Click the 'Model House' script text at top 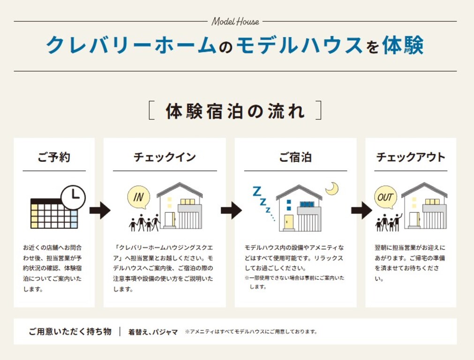[x=235, y=22]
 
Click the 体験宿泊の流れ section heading [x=235, y=111]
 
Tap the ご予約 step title [x=54, y=157]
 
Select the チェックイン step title [x=165, y=157]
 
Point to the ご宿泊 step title [x=295, y=157]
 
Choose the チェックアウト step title [x=411, y=157]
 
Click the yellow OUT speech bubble [x=385, y=197]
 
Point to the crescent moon [x=332, y=189]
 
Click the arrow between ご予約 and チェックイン [x=100, y=210]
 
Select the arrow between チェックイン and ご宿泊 [x=231, y=210]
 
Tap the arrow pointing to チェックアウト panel [x=361, y=210]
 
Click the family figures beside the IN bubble [x=144, y=223]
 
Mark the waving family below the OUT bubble [x=389, y=223]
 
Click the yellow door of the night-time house [x=289, y=222]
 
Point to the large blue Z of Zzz [x=256, y=191]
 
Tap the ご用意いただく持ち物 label [x=70, y=331]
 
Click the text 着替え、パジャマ [x=153, y=332]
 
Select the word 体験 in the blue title [x=403, y=45]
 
